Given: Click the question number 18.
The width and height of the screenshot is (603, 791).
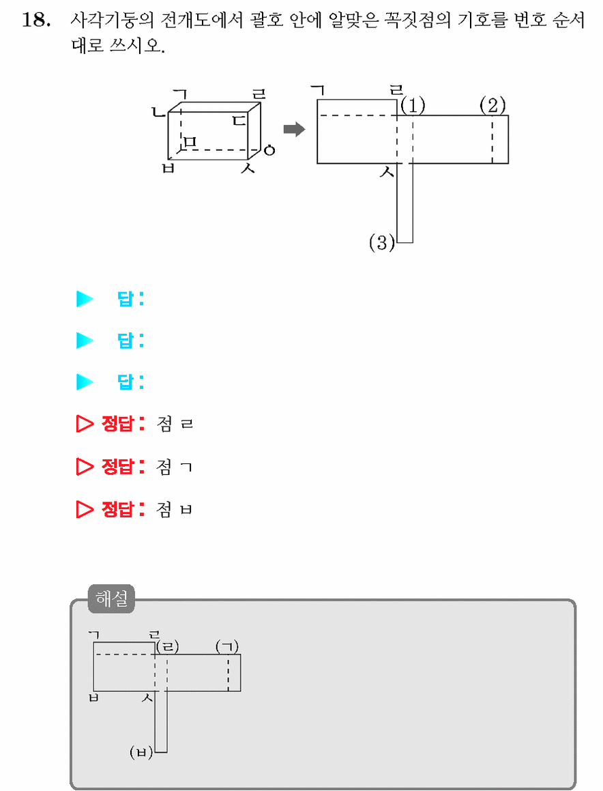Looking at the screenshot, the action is click(36, 20).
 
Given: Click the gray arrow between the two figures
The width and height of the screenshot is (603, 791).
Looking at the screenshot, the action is click(295, 130).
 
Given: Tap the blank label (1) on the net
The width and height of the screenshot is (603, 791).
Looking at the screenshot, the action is click(413, 106).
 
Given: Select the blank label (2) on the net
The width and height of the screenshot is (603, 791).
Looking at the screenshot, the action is click(492, 106).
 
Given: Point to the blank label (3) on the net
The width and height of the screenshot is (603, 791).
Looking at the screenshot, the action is click(382, 243).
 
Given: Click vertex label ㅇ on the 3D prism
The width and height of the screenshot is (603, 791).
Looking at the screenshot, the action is click(269, 150).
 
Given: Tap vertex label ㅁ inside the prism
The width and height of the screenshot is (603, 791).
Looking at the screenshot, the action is click(190, 143).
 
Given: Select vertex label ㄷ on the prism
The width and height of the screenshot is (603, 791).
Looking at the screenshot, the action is click(239, 121).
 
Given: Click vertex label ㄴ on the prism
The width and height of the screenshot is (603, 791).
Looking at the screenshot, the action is click(160, 111).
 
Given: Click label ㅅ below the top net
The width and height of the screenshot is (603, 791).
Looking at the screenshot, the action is click(387, 173).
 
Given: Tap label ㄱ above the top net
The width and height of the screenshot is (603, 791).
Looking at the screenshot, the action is click(318, 91).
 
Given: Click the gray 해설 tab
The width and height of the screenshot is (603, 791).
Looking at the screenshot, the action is click(111, 599).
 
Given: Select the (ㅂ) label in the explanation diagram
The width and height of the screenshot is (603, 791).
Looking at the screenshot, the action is click(141, 753).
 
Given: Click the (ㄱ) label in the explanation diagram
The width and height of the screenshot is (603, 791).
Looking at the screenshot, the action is click(227, 647).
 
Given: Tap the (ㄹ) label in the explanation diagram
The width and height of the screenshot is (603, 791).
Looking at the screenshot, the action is click(168, 647).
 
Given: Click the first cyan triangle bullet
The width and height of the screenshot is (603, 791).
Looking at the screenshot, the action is click(85, 299).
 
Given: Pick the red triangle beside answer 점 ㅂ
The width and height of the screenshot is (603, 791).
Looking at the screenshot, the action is click(85, 510).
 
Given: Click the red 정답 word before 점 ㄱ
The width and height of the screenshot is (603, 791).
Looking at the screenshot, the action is click(117, 467).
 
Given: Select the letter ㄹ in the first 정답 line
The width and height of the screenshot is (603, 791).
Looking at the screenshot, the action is click(186, 424).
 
